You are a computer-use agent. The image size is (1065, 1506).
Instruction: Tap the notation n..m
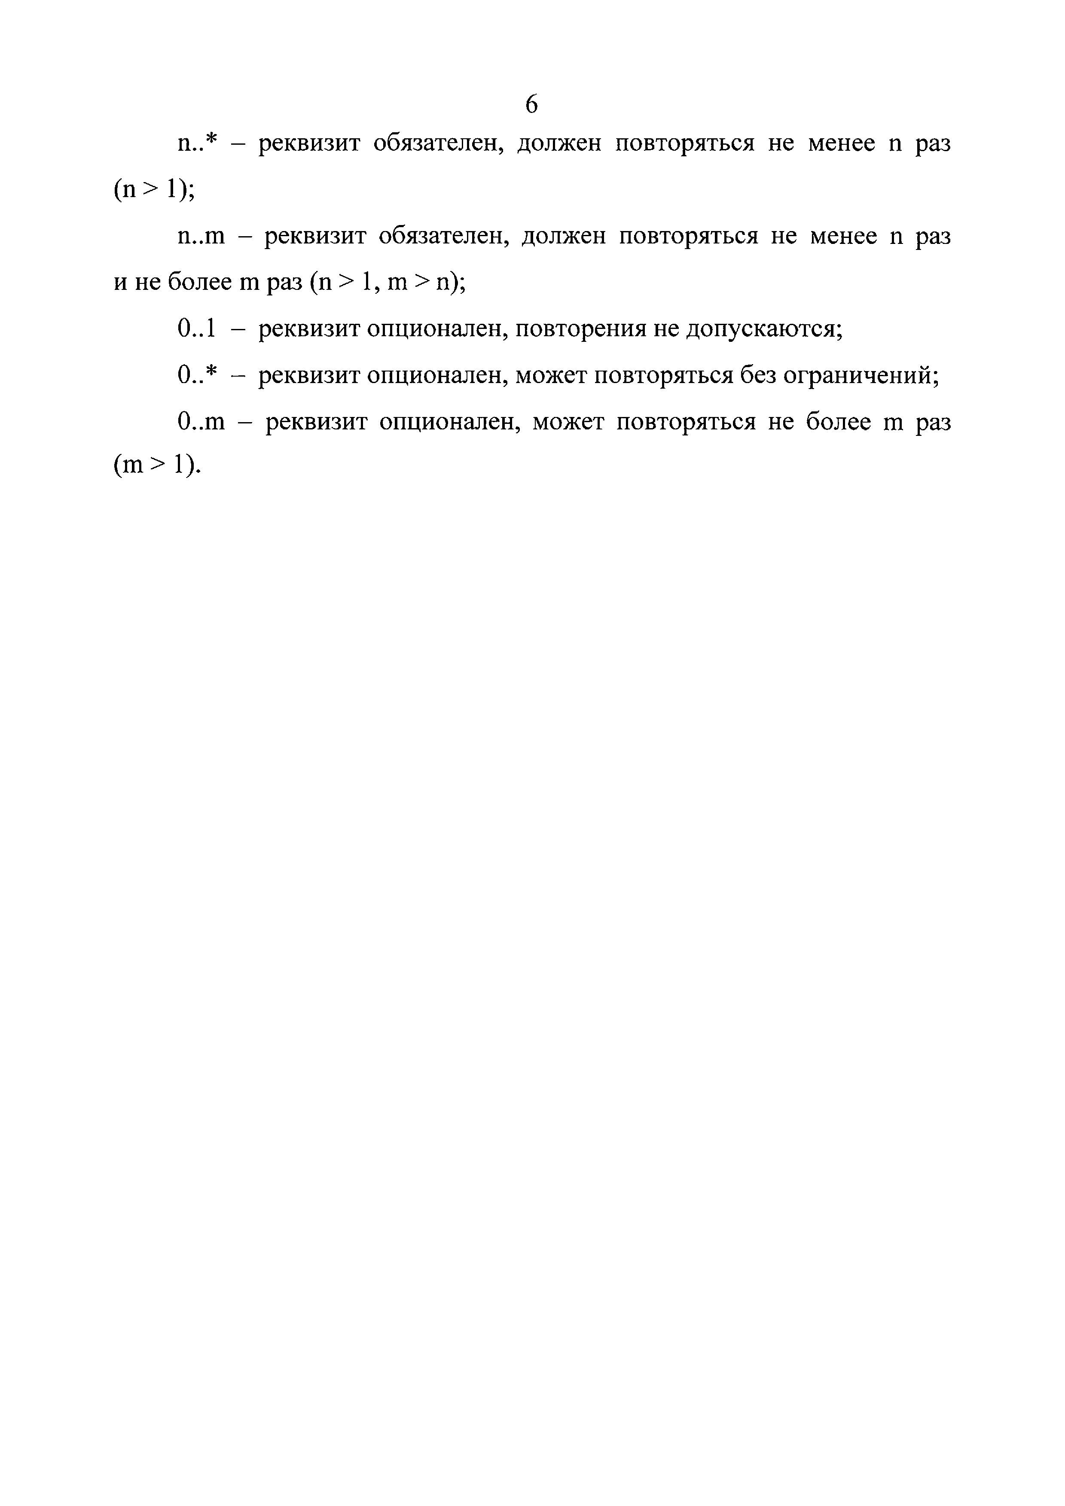[x=201, y=236]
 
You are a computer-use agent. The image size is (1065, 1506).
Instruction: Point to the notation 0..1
[x=196, y=329]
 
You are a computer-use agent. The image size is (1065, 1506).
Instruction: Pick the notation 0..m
[x=201, y=422]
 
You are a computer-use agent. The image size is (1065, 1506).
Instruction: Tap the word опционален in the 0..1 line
[x=436, y=329]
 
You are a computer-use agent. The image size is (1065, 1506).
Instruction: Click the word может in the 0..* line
[x=551, y=375]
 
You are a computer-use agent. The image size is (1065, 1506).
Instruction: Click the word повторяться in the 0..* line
[x=663, y=375]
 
